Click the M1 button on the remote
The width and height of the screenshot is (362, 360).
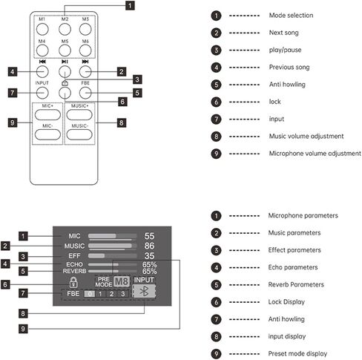42,29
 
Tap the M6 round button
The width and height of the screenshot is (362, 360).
85,50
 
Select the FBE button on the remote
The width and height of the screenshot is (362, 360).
85,93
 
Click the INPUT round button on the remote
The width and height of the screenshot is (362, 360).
42,93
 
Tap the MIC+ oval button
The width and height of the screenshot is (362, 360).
47,115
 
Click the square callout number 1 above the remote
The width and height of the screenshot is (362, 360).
130,5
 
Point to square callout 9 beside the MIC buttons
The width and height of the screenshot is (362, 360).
13,122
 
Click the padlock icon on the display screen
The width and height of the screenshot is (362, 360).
73,282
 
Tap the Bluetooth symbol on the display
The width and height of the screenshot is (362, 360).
144,291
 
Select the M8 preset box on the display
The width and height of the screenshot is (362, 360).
122,281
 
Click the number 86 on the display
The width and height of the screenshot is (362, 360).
149,246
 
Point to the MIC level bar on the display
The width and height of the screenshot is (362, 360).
112,236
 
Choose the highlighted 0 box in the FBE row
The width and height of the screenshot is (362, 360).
90,294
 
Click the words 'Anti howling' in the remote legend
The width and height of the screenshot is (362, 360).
287,85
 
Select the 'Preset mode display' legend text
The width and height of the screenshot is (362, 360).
297,354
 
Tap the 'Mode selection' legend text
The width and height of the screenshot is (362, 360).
291,16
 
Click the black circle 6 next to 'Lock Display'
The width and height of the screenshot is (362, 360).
216,302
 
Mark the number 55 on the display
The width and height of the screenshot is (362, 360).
149,236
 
